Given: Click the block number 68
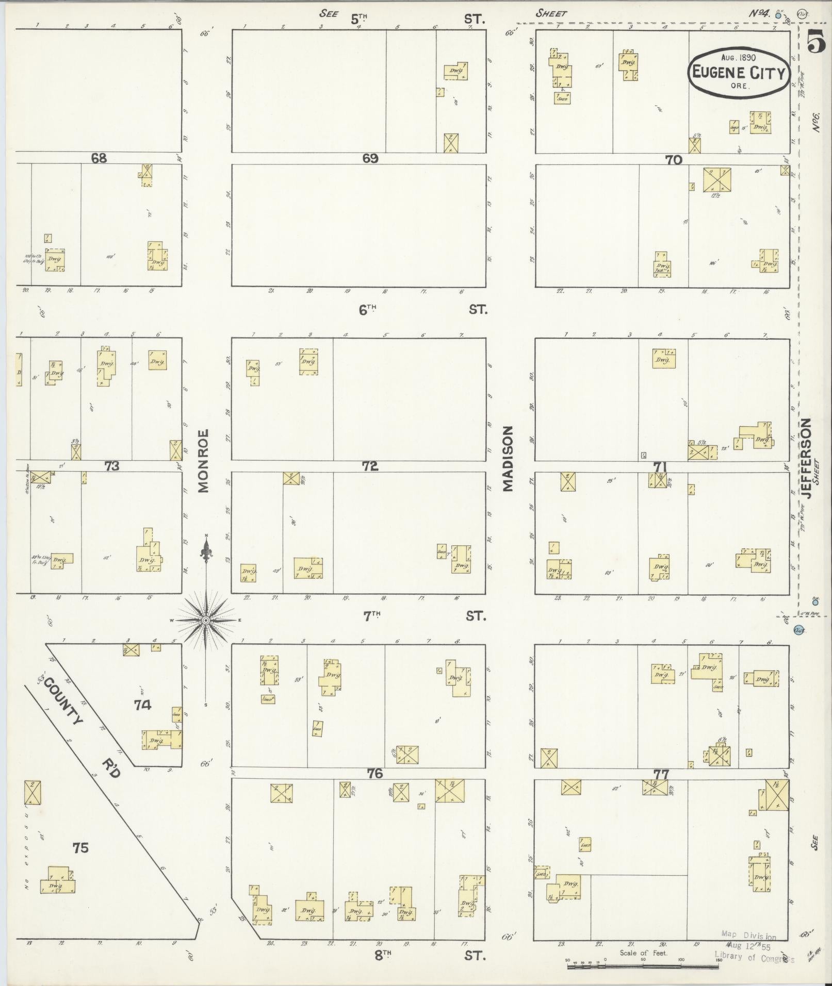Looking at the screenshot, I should click(99, 158).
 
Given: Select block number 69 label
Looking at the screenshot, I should click(370, 158).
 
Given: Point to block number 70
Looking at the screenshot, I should click(674, 160).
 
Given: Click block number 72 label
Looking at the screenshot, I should click(370, 466).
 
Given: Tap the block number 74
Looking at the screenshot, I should click(142, 705).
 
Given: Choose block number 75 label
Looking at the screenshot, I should click(80, 847).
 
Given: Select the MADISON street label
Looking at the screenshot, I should click(509, 458).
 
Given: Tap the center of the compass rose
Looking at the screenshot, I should click(206, 620).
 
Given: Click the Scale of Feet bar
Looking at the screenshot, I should click(643, 967).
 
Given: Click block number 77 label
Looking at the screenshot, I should click(661, 774).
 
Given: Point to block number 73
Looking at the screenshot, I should click(111, 466).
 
